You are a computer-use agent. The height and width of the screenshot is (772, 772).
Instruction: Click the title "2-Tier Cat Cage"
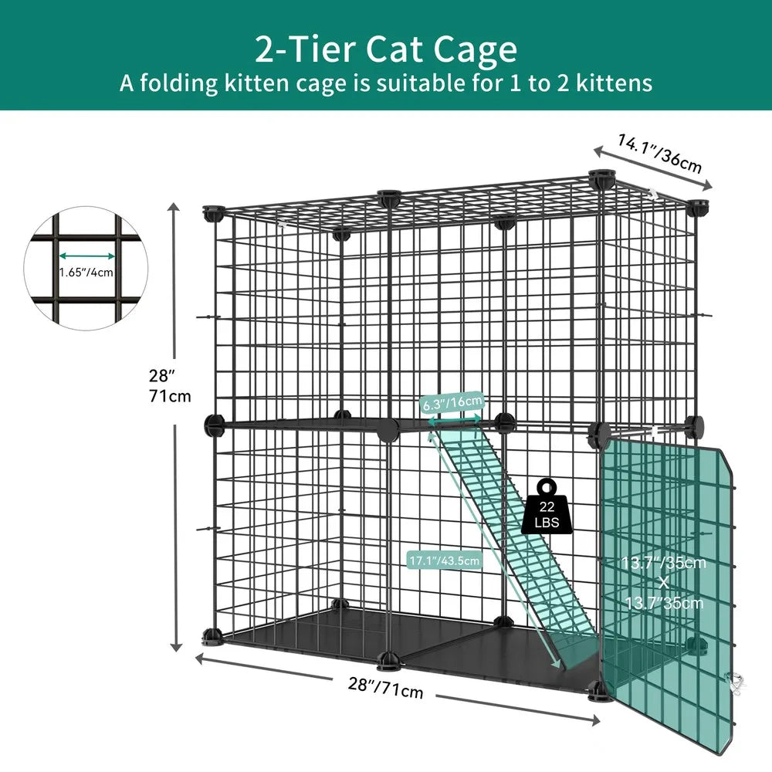point(386,49)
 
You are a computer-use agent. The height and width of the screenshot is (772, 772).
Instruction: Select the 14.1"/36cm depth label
point(659,153)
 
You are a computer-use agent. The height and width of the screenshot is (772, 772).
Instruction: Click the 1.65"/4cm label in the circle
point(86,272)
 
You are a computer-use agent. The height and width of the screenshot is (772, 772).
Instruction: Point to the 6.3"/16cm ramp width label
point(453,402)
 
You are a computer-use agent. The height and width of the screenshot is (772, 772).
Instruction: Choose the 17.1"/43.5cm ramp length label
point(445,560)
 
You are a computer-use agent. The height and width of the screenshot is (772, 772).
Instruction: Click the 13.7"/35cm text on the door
point(664,563)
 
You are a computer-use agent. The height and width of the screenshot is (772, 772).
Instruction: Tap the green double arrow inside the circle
point(86,255)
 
